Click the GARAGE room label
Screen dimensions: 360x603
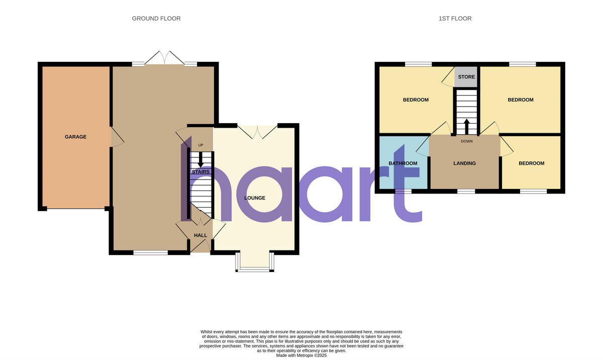[x=75, y=137]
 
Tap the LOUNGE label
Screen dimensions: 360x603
[x=255, y=198]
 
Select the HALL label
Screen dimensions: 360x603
[x=200, y=235]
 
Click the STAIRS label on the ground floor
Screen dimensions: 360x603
[x=200, y=172]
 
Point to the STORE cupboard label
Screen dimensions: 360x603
[x=466, y=77]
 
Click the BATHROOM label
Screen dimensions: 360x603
[x=403, y=163]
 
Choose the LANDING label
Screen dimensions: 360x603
[x=464, y=163]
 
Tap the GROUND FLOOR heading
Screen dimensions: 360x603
[x=156, y=19]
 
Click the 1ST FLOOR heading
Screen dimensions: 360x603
[x=455, y=19]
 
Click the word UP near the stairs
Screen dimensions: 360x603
[x=200, y=146]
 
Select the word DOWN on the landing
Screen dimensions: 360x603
[x=466, y=141]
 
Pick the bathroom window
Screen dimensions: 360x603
[x=403, y=191]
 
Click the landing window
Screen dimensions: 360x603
[x=466, y=191]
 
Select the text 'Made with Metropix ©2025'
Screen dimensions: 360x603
[x=301, y=355]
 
